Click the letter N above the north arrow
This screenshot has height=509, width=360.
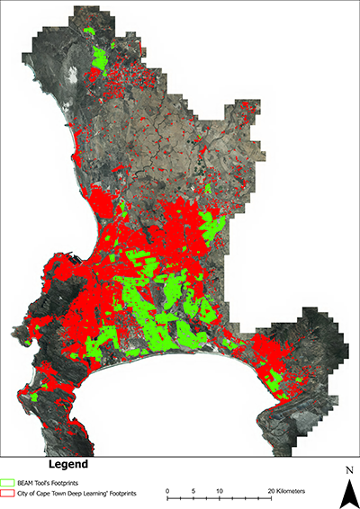pyautogui.click(x=346, y=469)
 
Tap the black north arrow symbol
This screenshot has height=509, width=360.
pyautogui.click(x=346, y=492)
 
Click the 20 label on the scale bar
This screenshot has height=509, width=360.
pyautogui.click(x=270, y=491)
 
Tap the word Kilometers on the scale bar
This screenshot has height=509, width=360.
pyautogui.click(x=292, y=491)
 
